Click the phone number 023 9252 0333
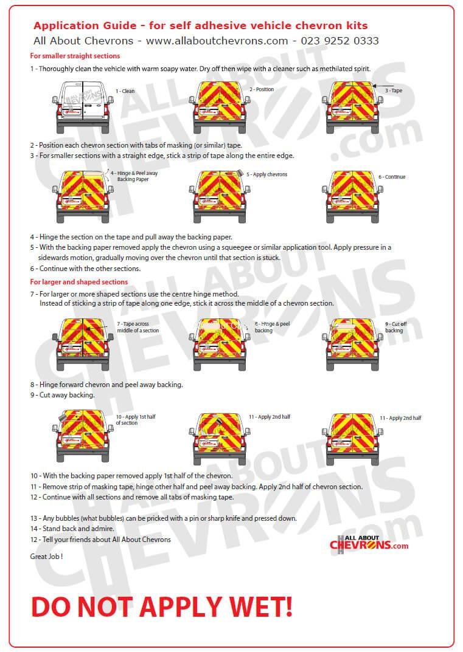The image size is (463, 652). [341, 41]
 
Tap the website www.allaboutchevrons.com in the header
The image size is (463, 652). [217, 41]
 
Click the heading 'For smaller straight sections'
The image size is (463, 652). [75, 56]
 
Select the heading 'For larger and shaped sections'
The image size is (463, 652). [79, 282]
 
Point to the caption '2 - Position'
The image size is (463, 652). [262, 89]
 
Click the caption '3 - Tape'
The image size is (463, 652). [393, 91]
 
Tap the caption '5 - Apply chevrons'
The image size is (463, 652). [267, 174]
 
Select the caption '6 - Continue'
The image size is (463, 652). [391, 177]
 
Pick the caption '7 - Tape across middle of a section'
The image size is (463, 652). [138, 327]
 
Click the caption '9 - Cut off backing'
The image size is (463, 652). [395, 327]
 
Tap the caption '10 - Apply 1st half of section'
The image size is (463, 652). [135, 420]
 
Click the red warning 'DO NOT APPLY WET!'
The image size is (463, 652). [161, 606]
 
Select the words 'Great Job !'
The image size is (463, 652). [46, 556]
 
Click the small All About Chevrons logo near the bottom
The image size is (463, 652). [369, 542]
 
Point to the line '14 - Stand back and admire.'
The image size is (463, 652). [72, 529]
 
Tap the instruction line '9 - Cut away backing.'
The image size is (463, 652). [63, 395]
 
